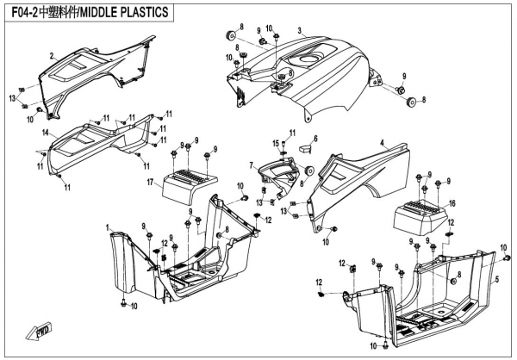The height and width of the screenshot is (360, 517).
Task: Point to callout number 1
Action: [x=108, y=227]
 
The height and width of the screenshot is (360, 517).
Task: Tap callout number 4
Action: [x=381, y=141]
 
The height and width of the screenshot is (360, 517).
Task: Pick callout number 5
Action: [x=497, y=281]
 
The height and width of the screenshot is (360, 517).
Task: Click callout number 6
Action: [x=315, y=138]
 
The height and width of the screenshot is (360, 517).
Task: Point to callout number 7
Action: [x=252, y=164]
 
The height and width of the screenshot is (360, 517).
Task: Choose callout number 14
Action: [x=43, y=132]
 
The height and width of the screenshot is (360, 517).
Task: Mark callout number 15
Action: [x=277, y=142]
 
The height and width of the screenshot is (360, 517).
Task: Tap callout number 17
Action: [x=149, y=182]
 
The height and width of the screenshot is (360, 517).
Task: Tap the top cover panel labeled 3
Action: [x=319, y=65]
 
